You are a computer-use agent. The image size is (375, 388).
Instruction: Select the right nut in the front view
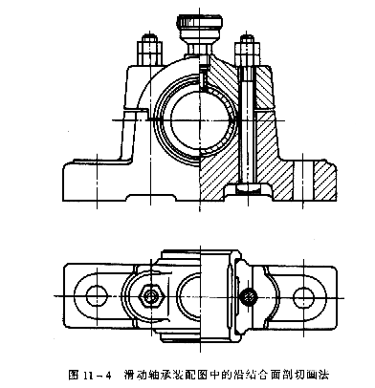click(x=248, y=47)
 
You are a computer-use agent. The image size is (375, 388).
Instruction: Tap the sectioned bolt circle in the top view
click(x=248, y=297)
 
